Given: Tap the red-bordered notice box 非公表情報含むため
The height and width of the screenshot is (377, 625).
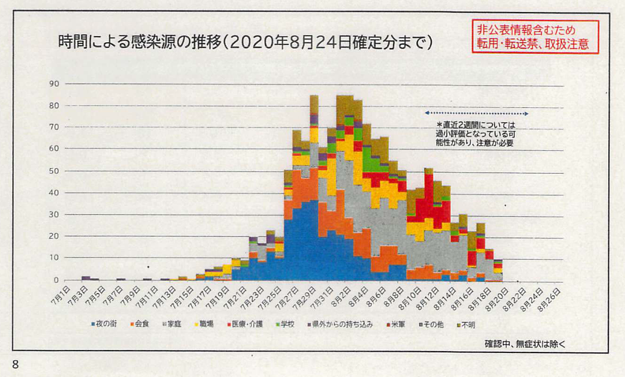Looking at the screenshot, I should coord(535,37).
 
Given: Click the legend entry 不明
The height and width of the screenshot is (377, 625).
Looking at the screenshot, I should coord(466,324).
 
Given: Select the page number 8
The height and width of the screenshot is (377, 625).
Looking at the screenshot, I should coord(15,365).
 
